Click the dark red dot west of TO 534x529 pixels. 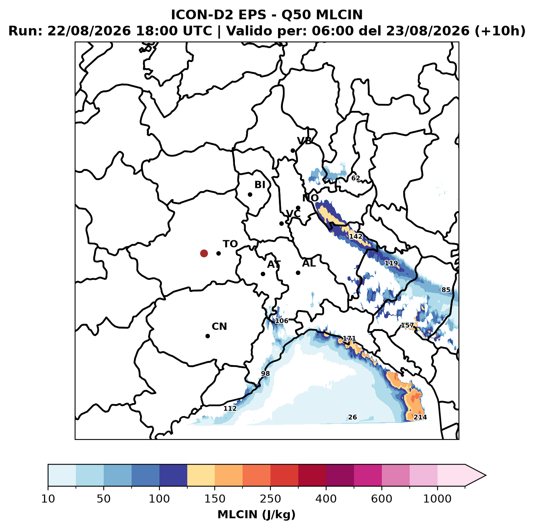(x=204, y=253)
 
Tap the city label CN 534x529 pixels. (x=219, y=327)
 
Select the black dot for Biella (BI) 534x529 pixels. (x=250, y=194)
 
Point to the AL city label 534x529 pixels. (x=309, y=263)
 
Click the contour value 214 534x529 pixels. (x=420, y=417)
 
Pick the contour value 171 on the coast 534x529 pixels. (x=349, y=338)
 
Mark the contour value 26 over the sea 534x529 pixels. (x=352, y=417)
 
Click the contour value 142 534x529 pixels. (x=356, y=236)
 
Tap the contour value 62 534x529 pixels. (x=356, y=178)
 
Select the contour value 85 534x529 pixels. (x=446, y=290)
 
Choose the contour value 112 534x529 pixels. (x=230, y=408)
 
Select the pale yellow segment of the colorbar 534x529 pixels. (x=201, y=475)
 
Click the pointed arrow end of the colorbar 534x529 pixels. (x=486, y=475)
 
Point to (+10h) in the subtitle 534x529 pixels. (x=500, y=31)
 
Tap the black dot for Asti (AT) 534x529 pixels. (x=263, y=274)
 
